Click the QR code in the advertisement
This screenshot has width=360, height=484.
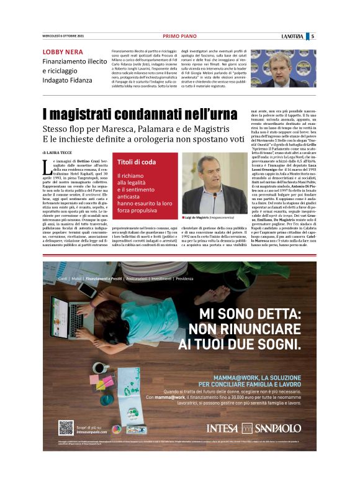click(x=66, y=428)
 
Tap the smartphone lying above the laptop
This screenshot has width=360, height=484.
click(x=87, y=290)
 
